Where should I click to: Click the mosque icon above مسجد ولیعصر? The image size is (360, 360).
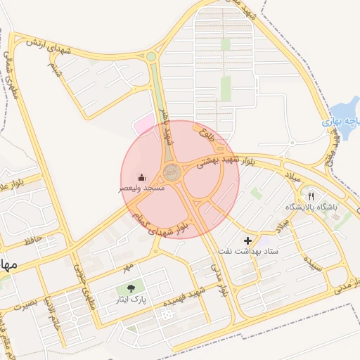click(x=141, y=177)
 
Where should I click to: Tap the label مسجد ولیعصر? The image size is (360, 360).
click(x=141, y=189)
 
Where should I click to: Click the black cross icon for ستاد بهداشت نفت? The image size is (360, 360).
click(x=247, y=240)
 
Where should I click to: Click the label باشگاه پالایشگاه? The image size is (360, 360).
click(x=311, y=207)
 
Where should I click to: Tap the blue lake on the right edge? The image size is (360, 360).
click(x=343, y=112)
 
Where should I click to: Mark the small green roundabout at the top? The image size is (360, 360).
click(x=151, y=56)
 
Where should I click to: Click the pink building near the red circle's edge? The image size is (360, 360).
click(x=146, y=124)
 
